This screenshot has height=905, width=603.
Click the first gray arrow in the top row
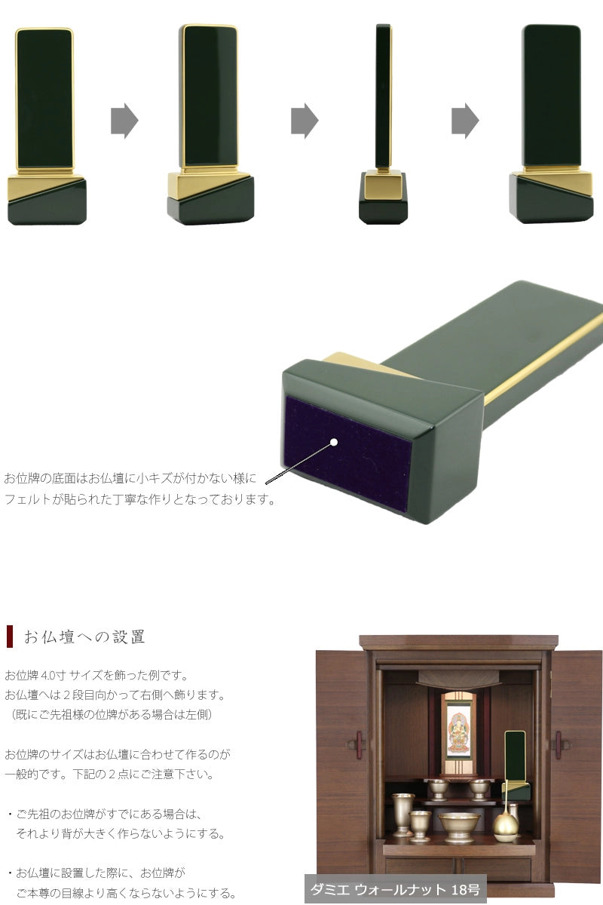[x=124, y=121]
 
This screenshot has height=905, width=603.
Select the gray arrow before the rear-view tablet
[x=465, y=121]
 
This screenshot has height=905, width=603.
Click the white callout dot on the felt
[x=334, y=442]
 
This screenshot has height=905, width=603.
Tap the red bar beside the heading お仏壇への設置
[x=10, y=636]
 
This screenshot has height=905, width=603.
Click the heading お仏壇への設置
[x=84, y=637]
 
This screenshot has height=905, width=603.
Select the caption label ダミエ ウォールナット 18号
[x=395, y=889]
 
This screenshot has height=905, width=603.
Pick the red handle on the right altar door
[x=559, y=744]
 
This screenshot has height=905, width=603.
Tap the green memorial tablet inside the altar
[x=515, y=758]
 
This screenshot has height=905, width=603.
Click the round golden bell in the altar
[x=505, y=825]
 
